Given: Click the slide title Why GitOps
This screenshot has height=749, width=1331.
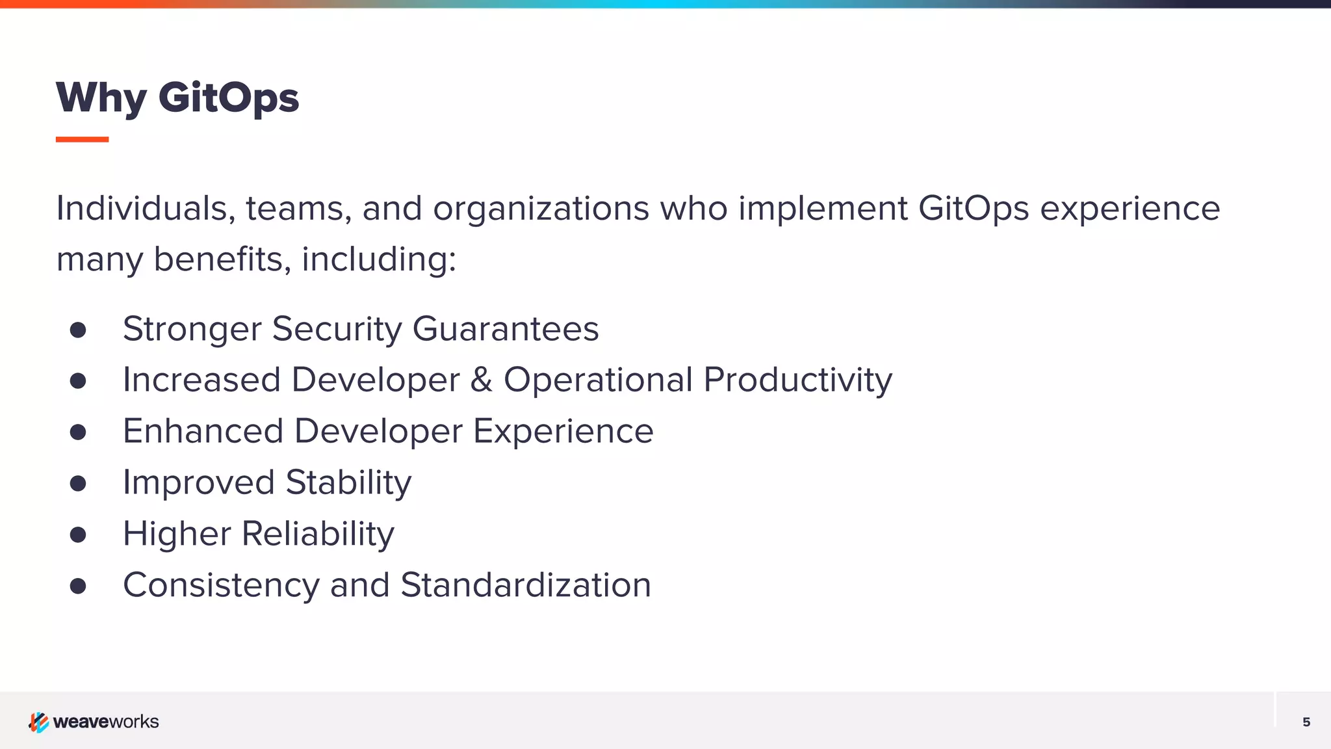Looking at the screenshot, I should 177,98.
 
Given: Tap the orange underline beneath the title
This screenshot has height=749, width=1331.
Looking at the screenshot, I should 82,139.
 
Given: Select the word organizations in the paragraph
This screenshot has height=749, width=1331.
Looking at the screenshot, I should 541,209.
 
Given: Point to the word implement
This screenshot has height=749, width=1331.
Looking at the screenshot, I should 822,209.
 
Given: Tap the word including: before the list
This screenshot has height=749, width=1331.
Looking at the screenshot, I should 379,259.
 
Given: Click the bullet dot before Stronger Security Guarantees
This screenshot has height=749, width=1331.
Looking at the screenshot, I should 78,330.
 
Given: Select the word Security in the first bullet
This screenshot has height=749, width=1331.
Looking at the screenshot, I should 337,328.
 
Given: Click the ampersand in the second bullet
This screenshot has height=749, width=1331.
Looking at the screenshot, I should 481,380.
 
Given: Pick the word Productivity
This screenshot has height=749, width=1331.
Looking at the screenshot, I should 797,380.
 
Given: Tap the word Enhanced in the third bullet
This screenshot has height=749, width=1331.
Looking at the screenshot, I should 203,431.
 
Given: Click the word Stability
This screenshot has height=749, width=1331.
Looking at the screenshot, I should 348,482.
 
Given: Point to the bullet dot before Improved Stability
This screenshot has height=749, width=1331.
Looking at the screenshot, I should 78,483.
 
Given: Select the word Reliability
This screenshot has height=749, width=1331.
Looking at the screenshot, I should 318,534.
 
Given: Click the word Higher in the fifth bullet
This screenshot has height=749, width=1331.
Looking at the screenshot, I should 177,534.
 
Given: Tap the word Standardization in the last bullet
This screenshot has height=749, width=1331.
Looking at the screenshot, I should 525,585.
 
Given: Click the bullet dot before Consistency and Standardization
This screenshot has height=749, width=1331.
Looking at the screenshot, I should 78,586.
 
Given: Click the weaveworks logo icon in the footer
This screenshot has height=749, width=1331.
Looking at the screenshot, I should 38,722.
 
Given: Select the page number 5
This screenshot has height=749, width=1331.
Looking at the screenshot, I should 1306,722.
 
